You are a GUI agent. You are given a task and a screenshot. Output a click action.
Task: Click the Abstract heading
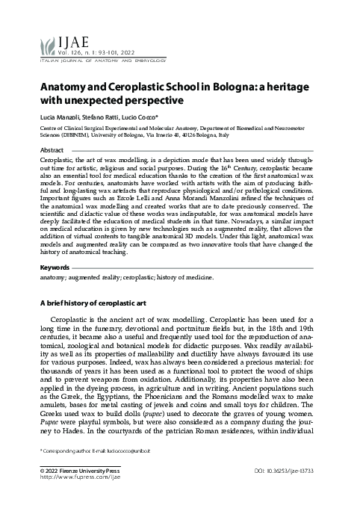[x=52, y=150]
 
